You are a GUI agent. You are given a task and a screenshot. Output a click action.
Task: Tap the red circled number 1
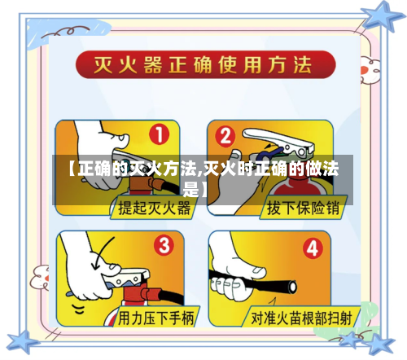click(x=161, y=134)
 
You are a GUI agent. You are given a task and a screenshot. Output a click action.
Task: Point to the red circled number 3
click(x=164, y=244)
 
